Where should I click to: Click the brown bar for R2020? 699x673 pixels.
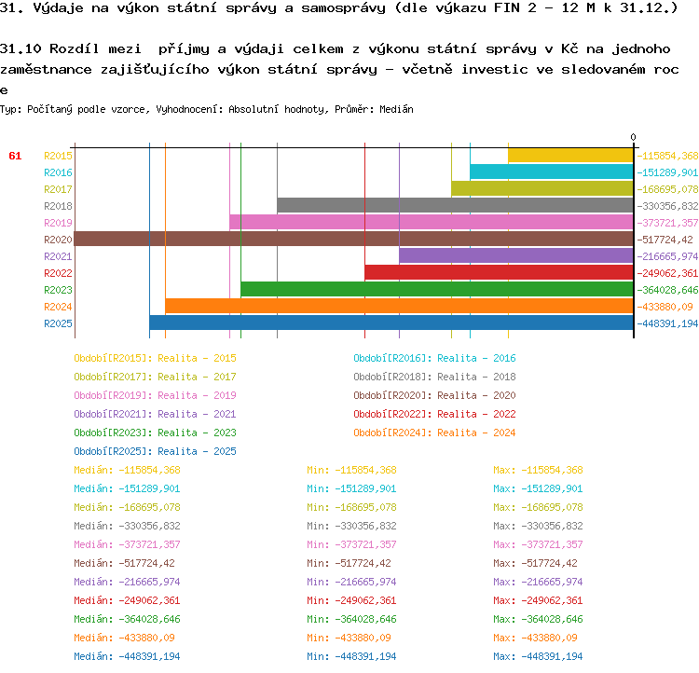coord(354,240)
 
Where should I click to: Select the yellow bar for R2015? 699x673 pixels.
coord(570,156)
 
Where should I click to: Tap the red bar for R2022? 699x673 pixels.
coord(499,273)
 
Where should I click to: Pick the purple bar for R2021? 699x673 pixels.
coord(516,256)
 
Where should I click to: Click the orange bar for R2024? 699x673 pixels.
coord(399,307)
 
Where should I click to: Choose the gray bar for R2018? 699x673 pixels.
coord(455,206)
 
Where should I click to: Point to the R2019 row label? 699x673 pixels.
coord(58,223)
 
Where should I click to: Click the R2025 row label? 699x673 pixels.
coord(58,323)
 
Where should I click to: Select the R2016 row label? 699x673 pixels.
coord(58,172)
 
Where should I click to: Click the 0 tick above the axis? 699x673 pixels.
coord(634,137)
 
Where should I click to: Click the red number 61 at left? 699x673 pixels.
coord(15,156)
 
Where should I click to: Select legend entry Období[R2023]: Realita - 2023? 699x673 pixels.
coord(155,433)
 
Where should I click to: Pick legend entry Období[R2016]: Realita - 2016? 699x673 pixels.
coord(434,358)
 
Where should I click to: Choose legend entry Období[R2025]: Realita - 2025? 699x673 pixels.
coord(155,451)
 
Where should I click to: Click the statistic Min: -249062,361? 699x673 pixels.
coord(351,600)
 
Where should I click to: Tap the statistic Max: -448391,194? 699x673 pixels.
coord(538,656)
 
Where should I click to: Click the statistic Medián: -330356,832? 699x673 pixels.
coord(127,526)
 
